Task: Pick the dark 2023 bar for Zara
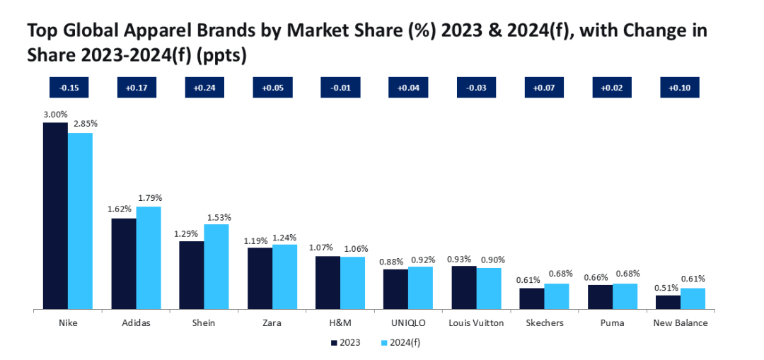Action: [260, 279]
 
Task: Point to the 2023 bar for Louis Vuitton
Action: [463, 288]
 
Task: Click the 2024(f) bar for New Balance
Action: [693, 298]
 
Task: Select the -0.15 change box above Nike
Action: [69, 88]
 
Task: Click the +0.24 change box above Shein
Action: [204, 88]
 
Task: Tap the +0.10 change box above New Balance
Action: [680, 88]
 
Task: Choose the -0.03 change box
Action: [476, 88]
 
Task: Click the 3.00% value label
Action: [55, 114]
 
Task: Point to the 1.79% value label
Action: [149, 197]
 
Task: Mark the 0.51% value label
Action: [667, 287]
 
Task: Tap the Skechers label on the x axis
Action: [545, 323]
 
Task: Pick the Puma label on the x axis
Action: [612, 323]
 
